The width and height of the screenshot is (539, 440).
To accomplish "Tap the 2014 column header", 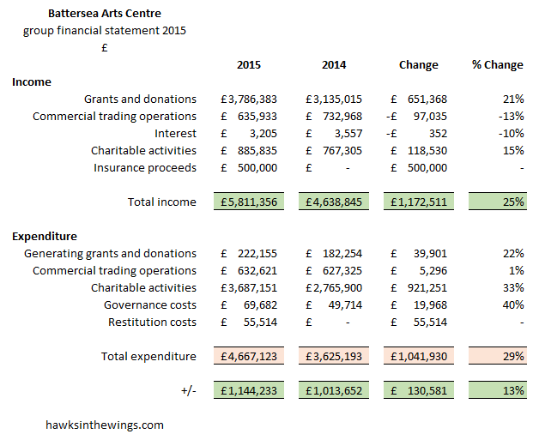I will (334, 64).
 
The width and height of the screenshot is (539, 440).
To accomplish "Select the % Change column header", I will (497, 64).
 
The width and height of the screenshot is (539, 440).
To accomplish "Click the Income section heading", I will (32, 81).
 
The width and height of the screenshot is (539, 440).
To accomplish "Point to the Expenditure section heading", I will (45, 236).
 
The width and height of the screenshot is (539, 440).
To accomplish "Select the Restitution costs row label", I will (152, 322).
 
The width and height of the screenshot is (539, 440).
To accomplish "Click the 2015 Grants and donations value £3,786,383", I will (249, 99).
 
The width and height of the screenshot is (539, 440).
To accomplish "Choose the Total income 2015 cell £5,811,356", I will (249, 202).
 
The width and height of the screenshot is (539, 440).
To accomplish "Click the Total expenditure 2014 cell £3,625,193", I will (335, 356).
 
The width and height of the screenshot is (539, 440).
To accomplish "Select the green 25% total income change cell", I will (498, 202).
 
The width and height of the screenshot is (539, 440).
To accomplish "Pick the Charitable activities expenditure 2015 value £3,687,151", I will (249, 287).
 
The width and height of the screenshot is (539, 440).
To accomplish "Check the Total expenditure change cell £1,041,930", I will (420, 356).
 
